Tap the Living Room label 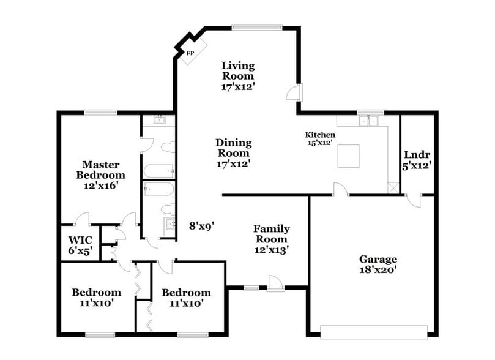pyautogui.click(x=238, y=70)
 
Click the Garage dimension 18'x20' pyautogui.click(x=378, y=269)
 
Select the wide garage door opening pyautogui.click(x=373, y=332)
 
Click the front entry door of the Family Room pyautogui.click(x=275, y=282)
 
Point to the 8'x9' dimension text pyautogui.click(x=201, y=226)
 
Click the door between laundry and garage pyautogui.click(x=414, y=201)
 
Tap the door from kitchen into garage pyautogui.click(x=341, y=190)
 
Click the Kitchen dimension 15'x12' pyautogui.click(x=321, y=142)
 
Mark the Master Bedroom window pyautogui.click(x=100, y=112)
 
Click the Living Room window pyautogui.click(x=257, y=27)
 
